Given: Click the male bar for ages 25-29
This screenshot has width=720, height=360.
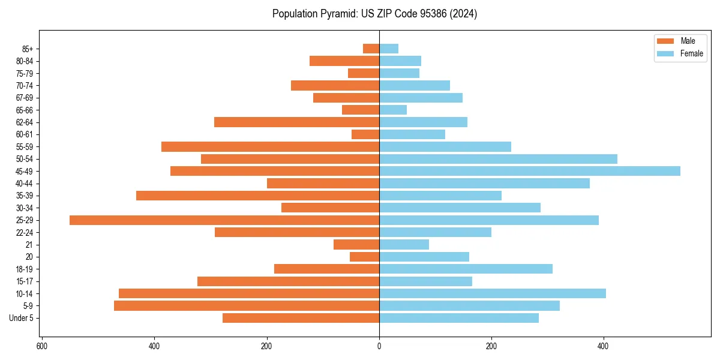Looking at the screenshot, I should point(224,220).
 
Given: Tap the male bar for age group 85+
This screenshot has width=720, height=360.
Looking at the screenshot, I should point(371,49).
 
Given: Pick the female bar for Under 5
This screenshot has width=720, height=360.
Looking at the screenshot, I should point(458,318).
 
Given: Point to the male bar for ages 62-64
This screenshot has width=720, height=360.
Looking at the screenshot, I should point(296,122).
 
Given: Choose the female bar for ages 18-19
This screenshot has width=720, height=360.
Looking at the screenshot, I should point(466,269).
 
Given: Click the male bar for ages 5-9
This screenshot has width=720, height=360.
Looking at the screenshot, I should point(247,306).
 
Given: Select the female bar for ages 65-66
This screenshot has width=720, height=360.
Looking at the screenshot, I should point(393,110).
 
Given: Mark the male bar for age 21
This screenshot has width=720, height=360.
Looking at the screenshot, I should point(356,245).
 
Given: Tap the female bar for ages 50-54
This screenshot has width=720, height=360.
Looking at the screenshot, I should point(498,159).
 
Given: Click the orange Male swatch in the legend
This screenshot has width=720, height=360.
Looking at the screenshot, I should point(665,41).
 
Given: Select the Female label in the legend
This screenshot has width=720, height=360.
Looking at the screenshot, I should point(692,53).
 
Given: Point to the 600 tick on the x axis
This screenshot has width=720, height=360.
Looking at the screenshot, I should point(42,346).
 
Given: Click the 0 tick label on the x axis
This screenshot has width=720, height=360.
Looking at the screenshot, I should point(379,346).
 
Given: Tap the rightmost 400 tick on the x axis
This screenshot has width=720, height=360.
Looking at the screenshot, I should point(604,346).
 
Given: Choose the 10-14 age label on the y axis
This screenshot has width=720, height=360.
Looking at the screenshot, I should point(25,293).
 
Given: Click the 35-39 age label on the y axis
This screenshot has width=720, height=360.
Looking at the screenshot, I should point(25,196).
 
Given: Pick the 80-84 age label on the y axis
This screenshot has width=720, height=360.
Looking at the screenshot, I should point(25,61).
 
